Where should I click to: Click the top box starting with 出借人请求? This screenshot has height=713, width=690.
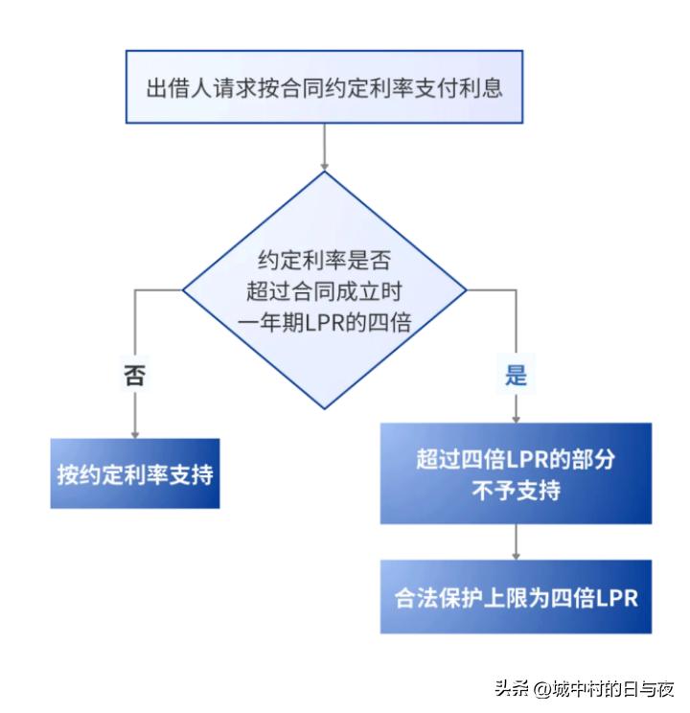tap(324, 87)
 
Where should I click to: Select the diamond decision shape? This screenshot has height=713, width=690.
tap(324, 290)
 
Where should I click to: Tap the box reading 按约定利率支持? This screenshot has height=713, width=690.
tap(135, 473)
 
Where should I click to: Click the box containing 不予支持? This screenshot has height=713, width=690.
tap(516, 473)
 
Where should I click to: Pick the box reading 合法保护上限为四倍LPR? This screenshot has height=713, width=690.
tap(516, 597)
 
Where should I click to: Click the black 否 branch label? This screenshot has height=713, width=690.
tap(135, 376)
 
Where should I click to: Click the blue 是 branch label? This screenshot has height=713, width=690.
tap(516, 376)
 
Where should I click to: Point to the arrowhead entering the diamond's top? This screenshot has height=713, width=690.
tap(324, 167)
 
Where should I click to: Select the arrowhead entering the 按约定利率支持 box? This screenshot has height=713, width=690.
tap(135, 434)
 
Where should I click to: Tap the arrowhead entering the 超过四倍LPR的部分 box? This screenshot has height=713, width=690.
tap(516, 419)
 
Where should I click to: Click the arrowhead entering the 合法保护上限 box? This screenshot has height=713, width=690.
tap(516, 556)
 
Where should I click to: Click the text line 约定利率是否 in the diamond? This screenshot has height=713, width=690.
tap(324, 260)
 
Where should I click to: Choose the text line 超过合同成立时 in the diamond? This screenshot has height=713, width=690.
tap(324, 291)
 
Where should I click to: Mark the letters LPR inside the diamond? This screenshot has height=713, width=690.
tap(321, 323)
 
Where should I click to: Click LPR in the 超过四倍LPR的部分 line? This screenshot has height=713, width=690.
tap(528, 460)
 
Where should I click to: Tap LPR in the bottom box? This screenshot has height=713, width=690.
tap(617, 598)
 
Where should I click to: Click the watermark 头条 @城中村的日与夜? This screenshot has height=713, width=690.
tap(584, 688)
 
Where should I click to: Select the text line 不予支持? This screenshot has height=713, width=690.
tap(516, 491)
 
